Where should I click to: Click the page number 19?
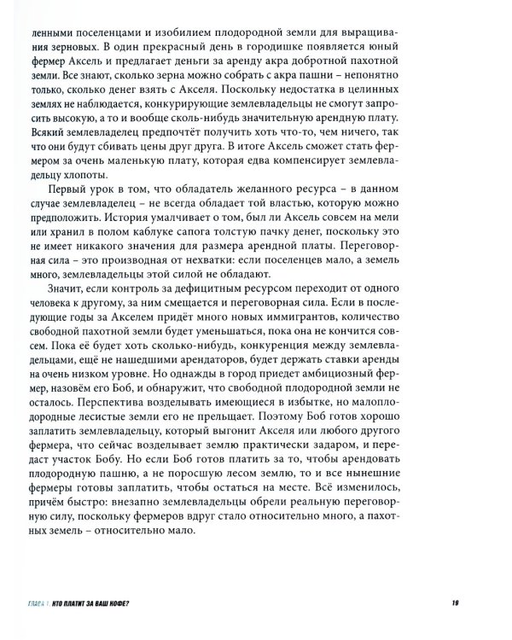tap(457, 604)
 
